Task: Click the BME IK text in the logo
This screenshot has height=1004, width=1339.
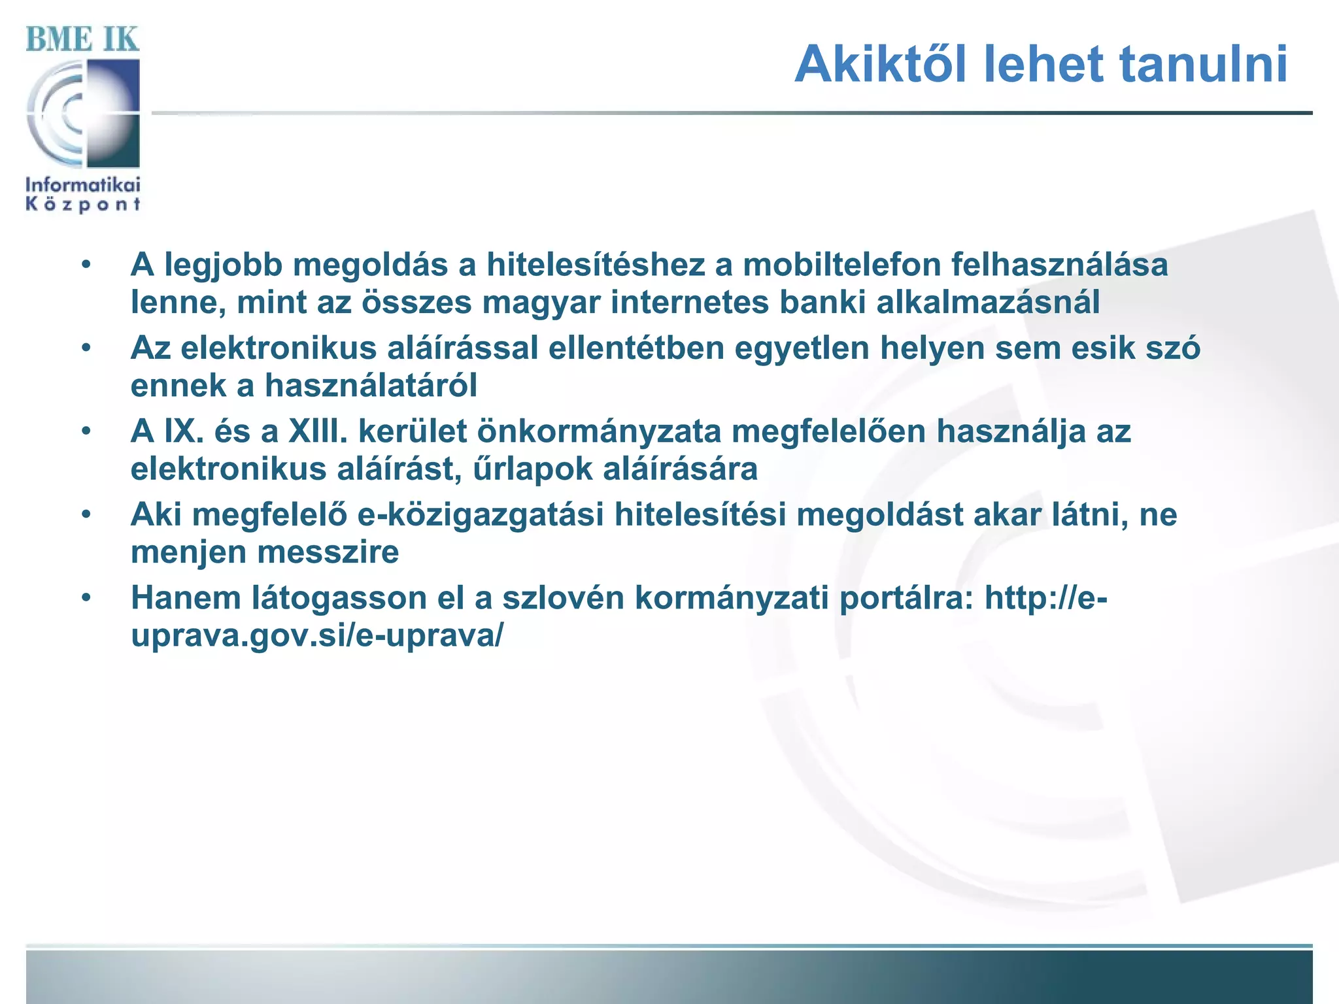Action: pos(82,39)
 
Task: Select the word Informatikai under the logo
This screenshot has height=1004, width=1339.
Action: pos(82,184)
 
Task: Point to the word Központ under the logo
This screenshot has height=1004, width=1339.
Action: pos(82,205)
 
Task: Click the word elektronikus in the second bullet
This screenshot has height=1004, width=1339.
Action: pos(279,348)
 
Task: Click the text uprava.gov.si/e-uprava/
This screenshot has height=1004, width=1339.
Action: pos(318,635)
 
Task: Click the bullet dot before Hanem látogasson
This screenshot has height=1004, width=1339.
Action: pos(86,597)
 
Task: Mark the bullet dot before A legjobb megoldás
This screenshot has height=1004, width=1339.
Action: pos(86,265)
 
